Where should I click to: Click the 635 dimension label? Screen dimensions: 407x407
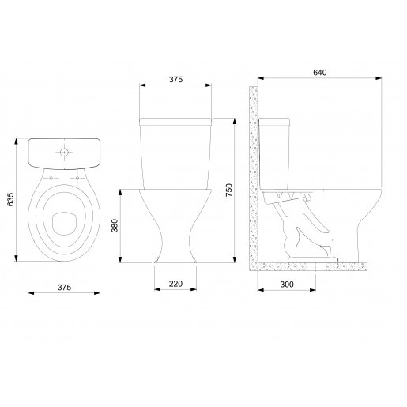(x=10, y=199)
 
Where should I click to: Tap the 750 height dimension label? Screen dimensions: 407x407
(x=229, y=190)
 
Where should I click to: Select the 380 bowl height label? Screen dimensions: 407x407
(x=115, y=225)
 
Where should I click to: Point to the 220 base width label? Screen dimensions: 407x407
(x=175, y=284)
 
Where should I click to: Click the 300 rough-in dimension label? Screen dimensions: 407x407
(x=287, y=285)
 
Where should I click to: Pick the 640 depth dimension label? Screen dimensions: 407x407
(x=319, y=73)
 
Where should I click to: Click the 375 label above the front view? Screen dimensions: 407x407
(x=175, y=79)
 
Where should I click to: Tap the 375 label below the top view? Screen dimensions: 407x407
(x=64, y=287)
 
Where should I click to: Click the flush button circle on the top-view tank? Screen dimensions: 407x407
(x=64, y=152)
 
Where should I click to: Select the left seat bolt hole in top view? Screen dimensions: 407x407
(x=51, y=179)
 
